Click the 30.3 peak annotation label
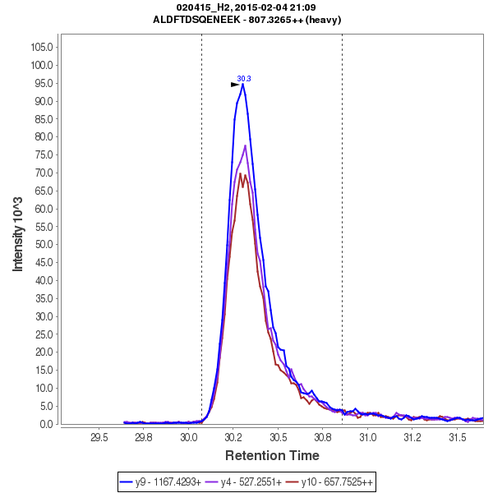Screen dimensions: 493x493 pyautogui.click(x=244, y=79)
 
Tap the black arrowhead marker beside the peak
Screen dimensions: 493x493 pyautogui.click(x=235, y=84)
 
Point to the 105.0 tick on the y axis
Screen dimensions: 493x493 pyautogui.click(x=42, y=47)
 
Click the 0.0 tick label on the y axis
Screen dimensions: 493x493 pyautogui.click(x=46, y=424)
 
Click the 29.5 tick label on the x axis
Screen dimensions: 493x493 pyautogui.click(x=99, y=438)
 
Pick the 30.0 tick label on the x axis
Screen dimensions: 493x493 pyautogui.click(x=189, y=438)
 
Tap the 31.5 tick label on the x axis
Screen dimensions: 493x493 pyautogui.click(x=458, y=438)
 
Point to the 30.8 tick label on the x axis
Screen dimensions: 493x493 pyautogui.click(x=323, y=438)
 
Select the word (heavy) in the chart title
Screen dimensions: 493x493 pyautogui.click(x=322, y=19)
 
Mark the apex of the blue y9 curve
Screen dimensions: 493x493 pyautogui.click(x=242, y=84)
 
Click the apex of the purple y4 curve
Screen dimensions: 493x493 pyautogui.click(x=245, y=145)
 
